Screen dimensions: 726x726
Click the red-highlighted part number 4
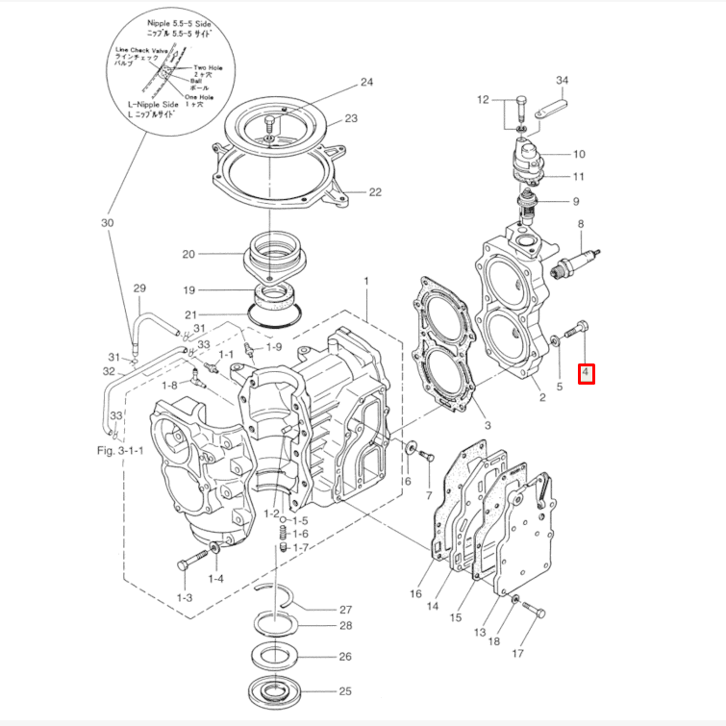point(586,371)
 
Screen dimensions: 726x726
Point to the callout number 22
point(375,192)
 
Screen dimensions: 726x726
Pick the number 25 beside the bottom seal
point(345,691)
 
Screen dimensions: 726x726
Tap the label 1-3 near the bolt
point(185,597)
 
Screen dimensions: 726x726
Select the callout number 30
point(107,223)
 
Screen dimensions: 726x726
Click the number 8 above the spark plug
point(581,224)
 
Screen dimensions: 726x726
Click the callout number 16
point(415,594)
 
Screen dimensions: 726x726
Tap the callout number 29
point(138,289)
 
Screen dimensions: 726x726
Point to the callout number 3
point(487,424)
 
